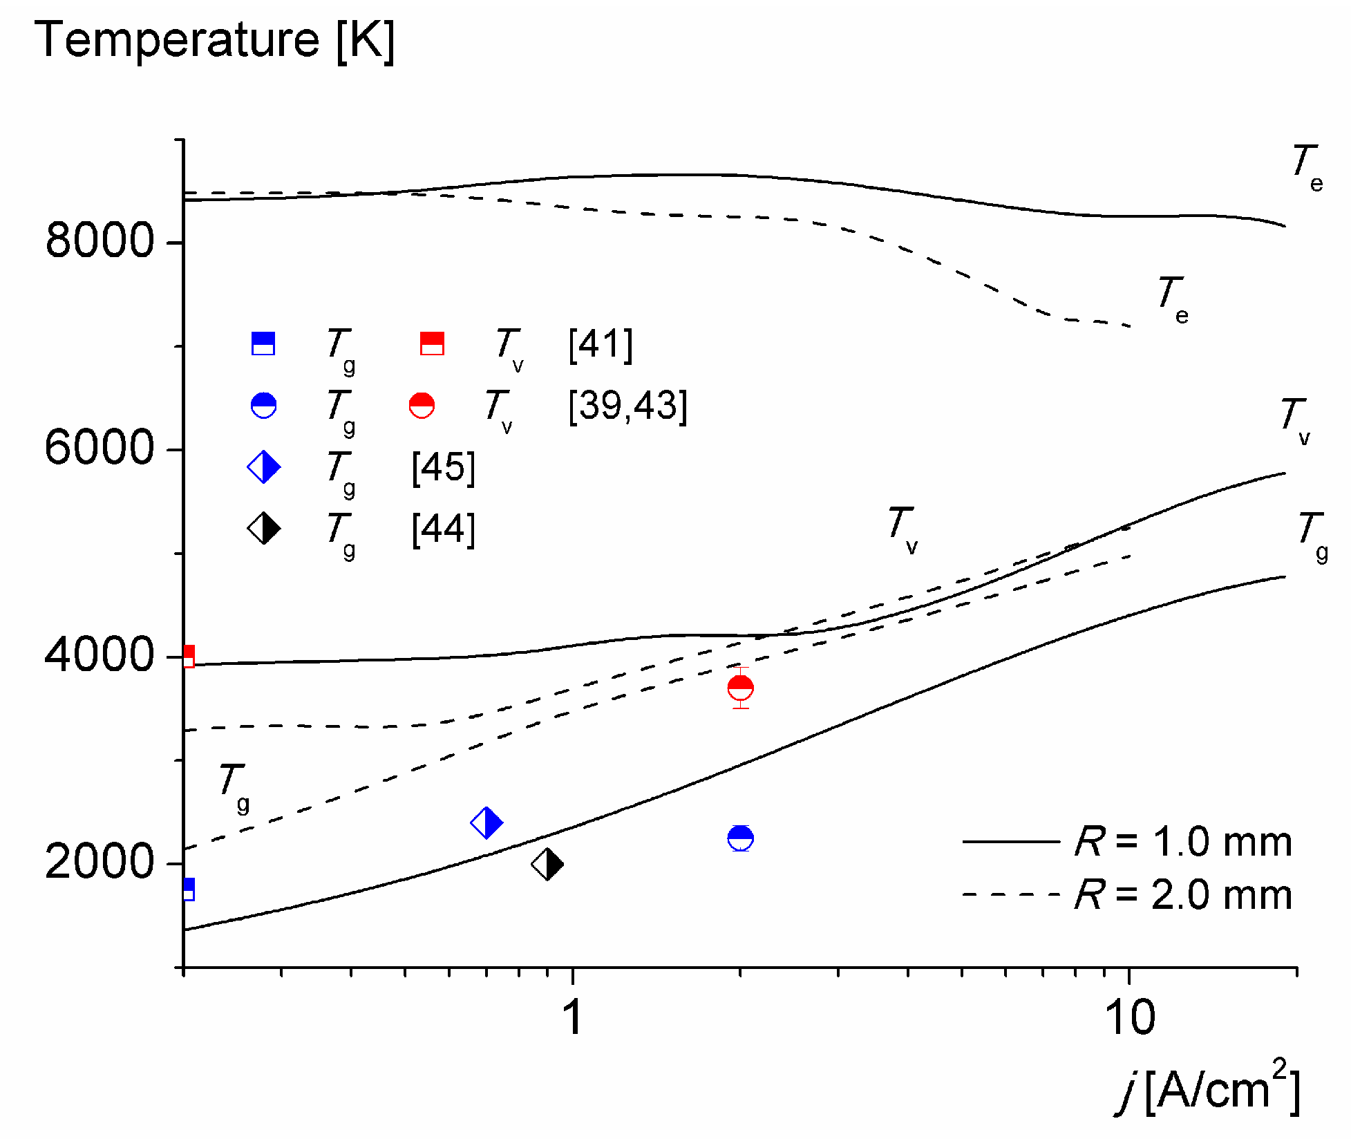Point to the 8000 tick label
point(99,241)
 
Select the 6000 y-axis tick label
point(99,448)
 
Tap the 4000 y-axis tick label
point(99,655)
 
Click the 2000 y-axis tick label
point(99,862)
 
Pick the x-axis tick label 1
point(573,1017)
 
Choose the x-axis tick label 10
point(1129,1017)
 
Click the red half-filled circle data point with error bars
point(740,688)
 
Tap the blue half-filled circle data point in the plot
point(740,838)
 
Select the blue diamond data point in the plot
point(486,822)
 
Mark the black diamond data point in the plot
point(547,864)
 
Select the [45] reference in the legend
point(443,468)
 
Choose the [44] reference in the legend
point(443,529)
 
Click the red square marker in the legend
point(433,343)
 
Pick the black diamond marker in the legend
point(264,529)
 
